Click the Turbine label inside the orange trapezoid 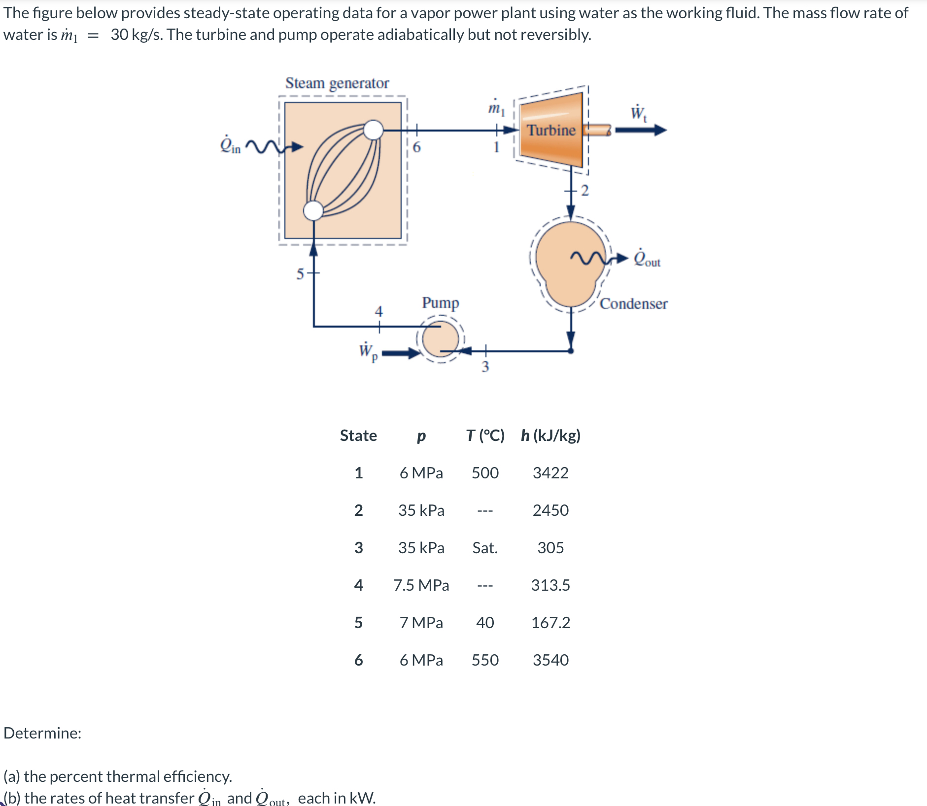pos(551,130)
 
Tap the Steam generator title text pos(337,83)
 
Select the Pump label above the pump pos(440,302)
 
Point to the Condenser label pos(633,303)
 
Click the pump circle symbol pos(440,339)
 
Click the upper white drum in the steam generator pos(374,130)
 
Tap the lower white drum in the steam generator pos(313,210)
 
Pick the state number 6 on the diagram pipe pos(416,147)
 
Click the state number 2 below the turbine pos(585,190)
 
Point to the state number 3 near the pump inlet pos(485,367)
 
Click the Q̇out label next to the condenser pos(647,258)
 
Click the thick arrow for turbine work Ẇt pos(640,130)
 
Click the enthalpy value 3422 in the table pos(550,473)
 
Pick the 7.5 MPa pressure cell pos(421,585)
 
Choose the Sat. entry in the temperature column pos(485,548)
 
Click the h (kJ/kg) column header pos(550,436)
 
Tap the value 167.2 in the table pos(550,623)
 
